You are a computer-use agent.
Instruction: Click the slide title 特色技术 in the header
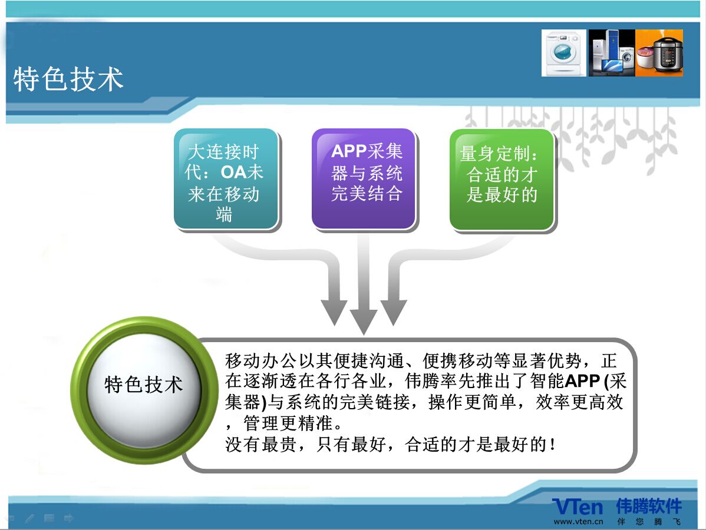pyautogui.click(x=68, y=79)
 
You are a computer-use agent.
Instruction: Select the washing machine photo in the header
pyautogui.click(x=564, y=52)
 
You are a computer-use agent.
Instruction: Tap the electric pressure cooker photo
pyautogui.click(x=659, y=52)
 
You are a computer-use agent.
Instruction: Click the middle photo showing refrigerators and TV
pyautogui.click(x=612, y=52)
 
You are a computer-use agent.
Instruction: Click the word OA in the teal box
pyautogui.click(x=233, y=172)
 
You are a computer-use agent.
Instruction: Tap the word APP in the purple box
pyautogui.click(x=349, y=151)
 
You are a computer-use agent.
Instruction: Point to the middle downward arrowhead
pyautogui.click(x=364, y=322)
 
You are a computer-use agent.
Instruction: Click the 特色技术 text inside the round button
pyautogui.click(x=144, y=385)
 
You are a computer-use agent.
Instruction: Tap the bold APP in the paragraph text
pyautogui.click(x=582, y=381)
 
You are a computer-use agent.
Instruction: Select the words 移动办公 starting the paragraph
pyautogui.click(x=260, y=361)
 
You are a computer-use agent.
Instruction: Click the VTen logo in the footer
pyautogui.click(x=578, y=506)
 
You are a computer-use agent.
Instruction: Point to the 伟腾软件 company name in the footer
pyautogui.click(x=649, y=506)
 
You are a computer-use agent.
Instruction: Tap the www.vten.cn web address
pyautogui.click(x=579, y=522)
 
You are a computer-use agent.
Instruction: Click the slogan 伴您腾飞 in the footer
pyautogui.click(x=649, y=522)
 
